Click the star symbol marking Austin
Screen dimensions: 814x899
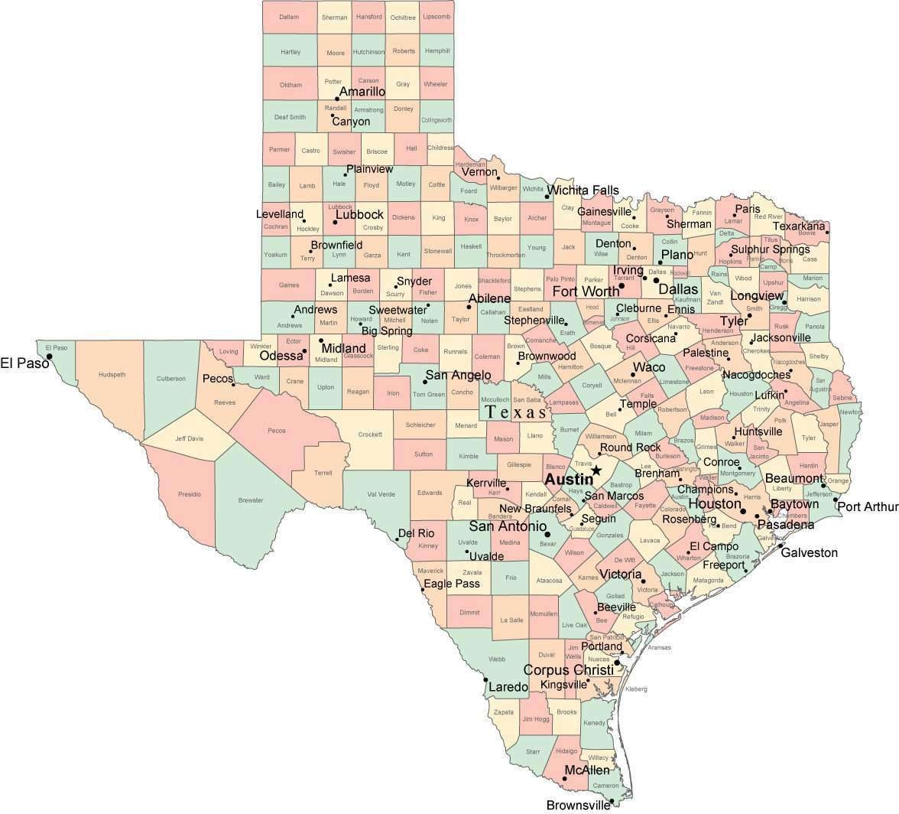[596, 471]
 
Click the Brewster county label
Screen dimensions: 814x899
[250, 500]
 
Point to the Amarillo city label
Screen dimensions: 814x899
[362, 92]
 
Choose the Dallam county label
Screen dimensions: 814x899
[289, 17]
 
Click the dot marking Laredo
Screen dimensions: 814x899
[485, 679]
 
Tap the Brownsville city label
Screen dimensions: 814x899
[578, 805]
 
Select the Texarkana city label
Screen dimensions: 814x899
[799, 226]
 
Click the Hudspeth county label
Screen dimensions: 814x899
[112, 375]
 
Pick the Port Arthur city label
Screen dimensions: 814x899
[867, 506]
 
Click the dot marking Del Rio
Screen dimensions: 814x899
[398, 539]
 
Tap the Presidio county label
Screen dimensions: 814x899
[190, 494]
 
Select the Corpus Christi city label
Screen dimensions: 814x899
[568, 670]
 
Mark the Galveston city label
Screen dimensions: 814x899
[809, 552]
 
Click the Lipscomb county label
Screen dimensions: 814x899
[437, 17]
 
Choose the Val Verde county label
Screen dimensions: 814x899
[381, 494]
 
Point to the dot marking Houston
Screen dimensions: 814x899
[743, 511]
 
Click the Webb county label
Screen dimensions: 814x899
[497, 659]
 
